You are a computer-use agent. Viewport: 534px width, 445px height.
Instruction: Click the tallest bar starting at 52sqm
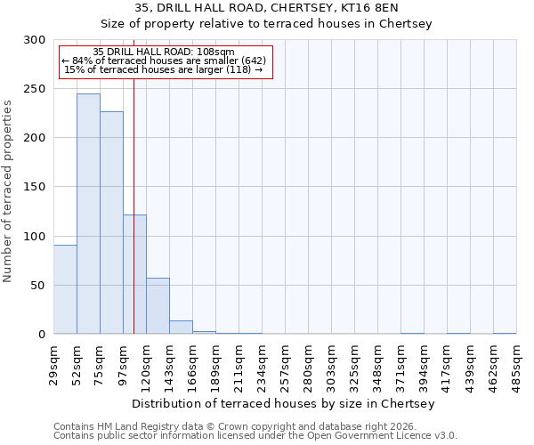[x=88, y=214]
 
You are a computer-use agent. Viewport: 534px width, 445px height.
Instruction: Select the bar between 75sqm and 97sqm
[x=111, y=222]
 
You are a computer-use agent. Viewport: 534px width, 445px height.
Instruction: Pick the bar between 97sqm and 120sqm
[x=134, y=274]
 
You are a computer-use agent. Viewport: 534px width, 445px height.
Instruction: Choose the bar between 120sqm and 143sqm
[x=158, y=306]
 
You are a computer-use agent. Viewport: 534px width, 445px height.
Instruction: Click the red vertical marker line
[x=133, y=178]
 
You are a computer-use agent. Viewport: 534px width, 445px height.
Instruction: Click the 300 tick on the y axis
[x=36, y=40]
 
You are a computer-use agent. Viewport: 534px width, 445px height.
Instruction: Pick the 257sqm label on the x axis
[x=286, y=363]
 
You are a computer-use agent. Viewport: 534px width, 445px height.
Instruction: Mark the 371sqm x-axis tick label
[x=401, y=363]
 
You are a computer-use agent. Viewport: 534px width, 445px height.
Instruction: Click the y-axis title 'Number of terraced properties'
[x=8, y=191]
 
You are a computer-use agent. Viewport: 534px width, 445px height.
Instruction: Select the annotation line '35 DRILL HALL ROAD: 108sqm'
[x=164, y=52]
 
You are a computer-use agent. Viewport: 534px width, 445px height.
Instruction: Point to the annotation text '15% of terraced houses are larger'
[x=164, y=69]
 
